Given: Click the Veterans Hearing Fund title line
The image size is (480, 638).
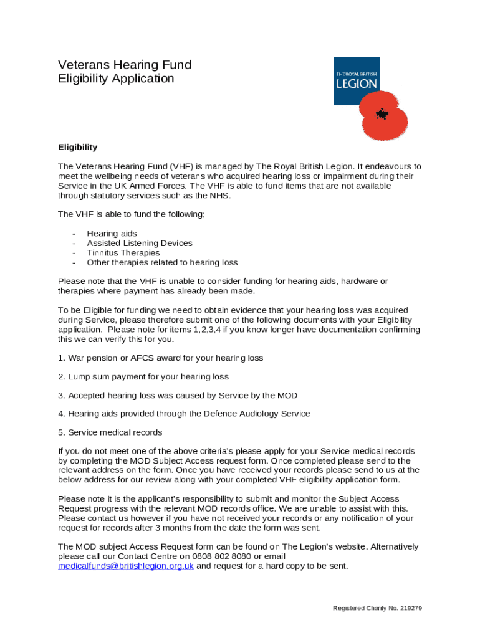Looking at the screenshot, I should click(x=125, y=65).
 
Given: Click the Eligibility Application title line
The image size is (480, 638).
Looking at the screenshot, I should click(x=116, y=79).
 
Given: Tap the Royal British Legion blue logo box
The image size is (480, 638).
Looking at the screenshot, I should click(x=356, y=80).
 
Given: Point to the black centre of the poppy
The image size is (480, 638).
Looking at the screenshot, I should click(x=382, y=114).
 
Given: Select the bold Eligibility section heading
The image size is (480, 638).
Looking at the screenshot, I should click(x=77, y=148).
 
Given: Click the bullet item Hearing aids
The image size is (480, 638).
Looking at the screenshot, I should click(x=112, y=234).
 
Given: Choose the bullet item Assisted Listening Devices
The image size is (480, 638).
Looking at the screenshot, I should click(x=139, y=243).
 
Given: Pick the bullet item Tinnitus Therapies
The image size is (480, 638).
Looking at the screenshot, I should click(x=123, y=253).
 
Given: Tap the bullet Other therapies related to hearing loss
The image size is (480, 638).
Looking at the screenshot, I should click(x=162, y=262).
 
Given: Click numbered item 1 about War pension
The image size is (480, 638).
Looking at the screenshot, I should click(x=160, y=358).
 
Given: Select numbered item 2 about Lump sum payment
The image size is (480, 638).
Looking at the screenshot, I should click(x=143, y=377).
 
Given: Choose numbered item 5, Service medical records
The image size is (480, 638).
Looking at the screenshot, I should click(x=110, y=432).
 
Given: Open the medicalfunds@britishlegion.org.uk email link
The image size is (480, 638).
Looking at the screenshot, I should click(x=126, y=566).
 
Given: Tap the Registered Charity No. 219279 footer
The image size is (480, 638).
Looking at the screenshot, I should click(x=378, y=608).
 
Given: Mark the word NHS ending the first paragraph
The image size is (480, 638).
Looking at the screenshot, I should click(x=221, y=196).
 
